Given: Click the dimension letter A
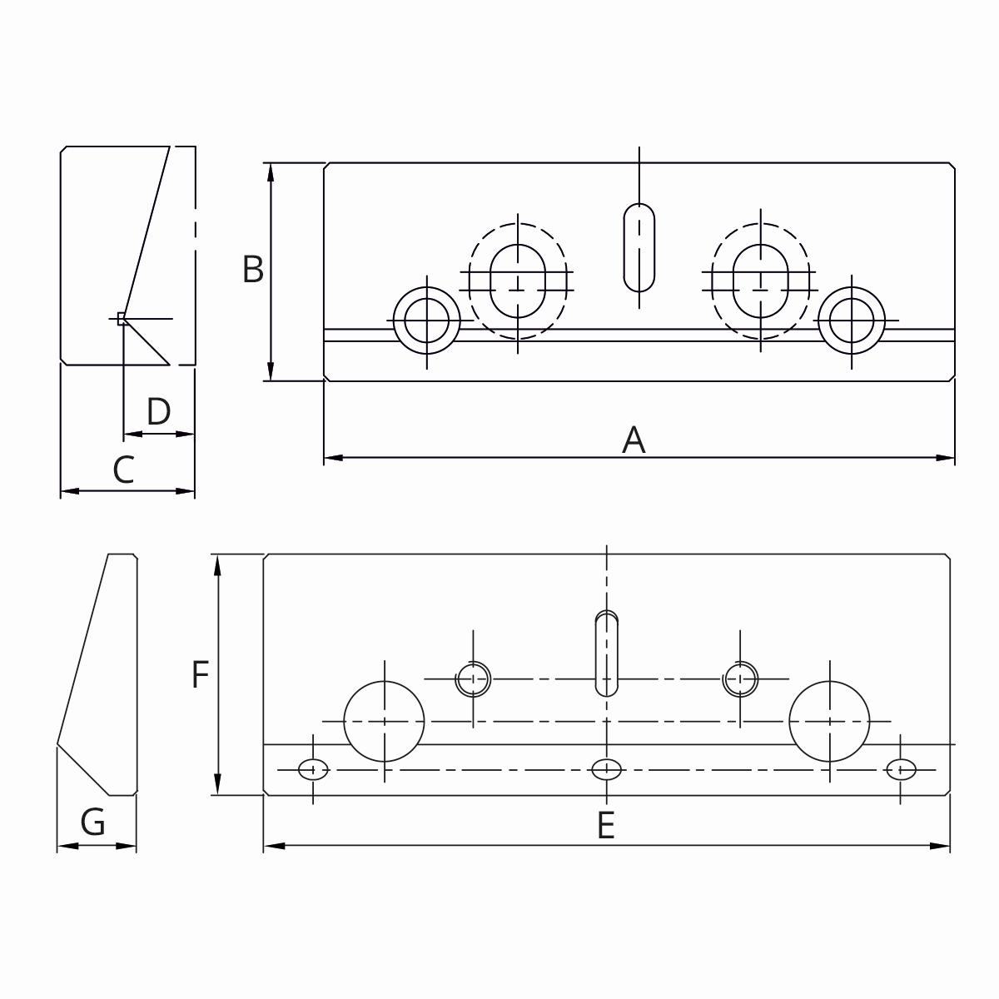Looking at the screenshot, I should coord(634,440).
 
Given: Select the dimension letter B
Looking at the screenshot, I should coord(253,270).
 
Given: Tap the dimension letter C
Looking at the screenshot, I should coord(123,470).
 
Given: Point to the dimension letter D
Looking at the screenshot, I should coord(158,411).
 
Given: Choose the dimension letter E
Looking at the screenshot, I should coord(605,825).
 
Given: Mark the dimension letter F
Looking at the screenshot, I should coord(200,674).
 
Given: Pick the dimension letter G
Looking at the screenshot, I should coord(93,823).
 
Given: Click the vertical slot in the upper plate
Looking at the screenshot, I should coord(639,246).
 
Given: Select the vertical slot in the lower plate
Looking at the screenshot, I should coord(606,654).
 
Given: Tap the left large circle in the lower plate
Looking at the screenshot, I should coord(384,721).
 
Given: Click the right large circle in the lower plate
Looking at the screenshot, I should coord(829,721).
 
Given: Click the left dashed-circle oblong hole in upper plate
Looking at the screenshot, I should coord(518,280).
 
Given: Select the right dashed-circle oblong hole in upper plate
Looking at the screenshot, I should coord(761,280).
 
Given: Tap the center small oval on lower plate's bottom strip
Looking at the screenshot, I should coord(606,769).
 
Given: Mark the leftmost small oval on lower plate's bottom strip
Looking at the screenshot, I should coord(313,769).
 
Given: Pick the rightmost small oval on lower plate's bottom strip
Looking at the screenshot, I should coord(900,769).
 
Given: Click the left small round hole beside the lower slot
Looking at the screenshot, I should coord(473,679).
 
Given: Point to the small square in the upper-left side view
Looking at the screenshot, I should coord(122,318).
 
